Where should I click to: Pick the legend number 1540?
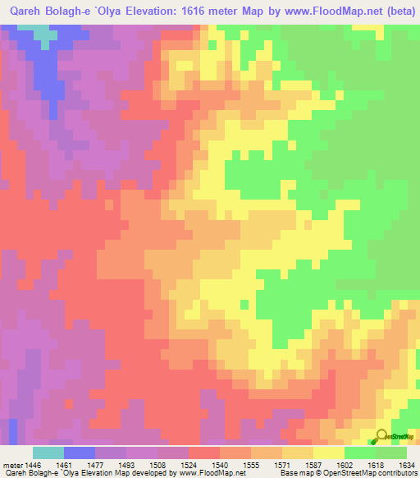click(217, 464)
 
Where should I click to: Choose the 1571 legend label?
click(281, 464)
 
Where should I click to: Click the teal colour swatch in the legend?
click(48, 453)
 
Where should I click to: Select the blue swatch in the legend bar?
click(80, 453)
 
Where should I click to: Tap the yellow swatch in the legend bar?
click(329, 453)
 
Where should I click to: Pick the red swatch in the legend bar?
click(204, 453)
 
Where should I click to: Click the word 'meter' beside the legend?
click(10, 464)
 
